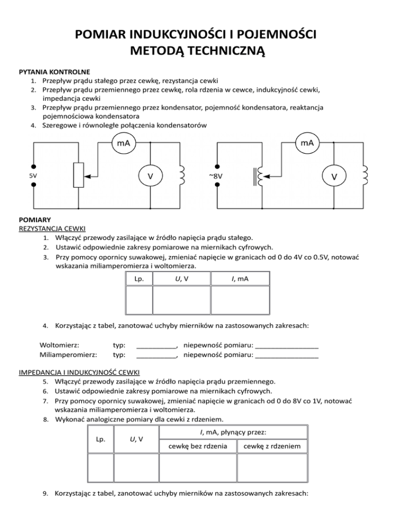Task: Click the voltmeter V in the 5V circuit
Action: (x=150, y=176)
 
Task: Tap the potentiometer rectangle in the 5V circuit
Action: (x=78, y=175)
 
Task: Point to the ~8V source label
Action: (x=217, y=175)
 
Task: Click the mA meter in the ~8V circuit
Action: (x=308, y=142)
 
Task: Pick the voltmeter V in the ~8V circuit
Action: (x=334, y=176)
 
